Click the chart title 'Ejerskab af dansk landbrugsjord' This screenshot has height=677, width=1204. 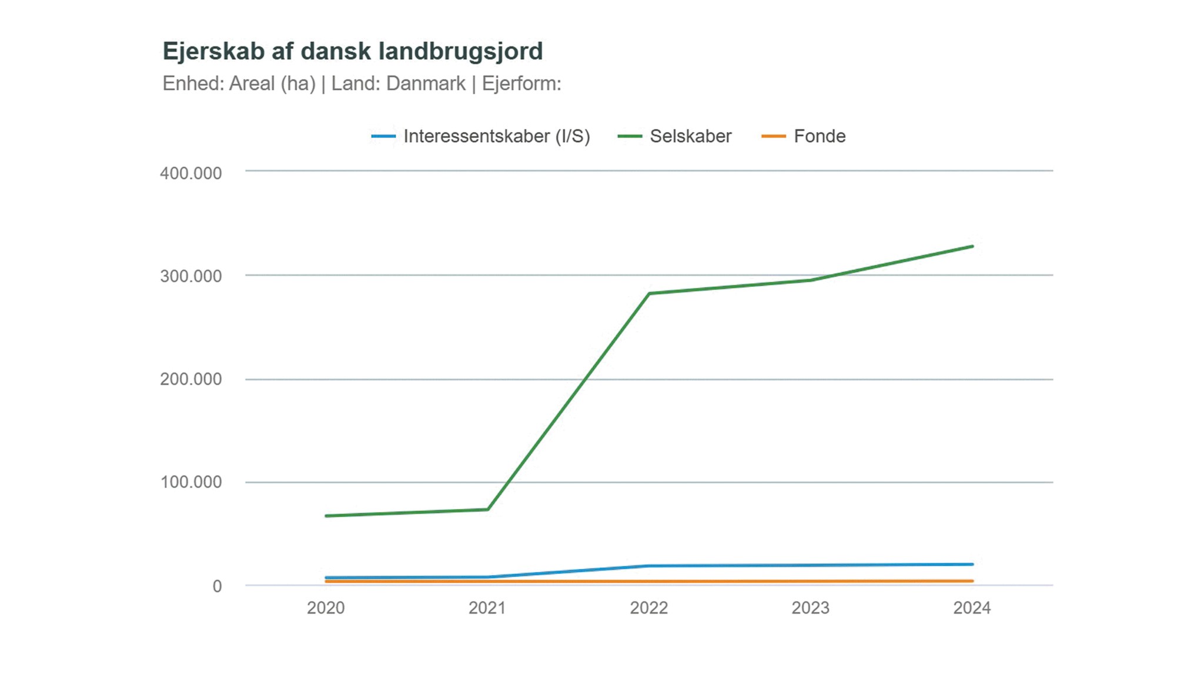pyautogui.click(x=353, y=52)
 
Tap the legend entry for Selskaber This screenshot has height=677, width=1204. pyautogui.click(x=690, y=136)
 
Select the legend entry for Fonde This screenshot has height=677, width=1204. pyautogui.click(x=819, y=136)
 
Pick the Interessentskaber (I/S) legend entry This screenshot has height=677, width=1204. pyautogui.click(x=496, y=136)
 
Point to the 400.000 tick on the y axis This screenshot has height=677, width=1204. pyautogui.click(x=190, y=173)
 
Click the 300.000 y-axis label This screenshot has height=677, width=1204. pyautogui.click(x=190, y=276)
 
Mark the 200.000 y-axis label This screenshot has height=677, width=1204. pyautogui.click(x=190, y=379)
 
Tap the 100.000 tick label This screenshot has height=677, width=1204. pyautogui.click(x=190, y=482)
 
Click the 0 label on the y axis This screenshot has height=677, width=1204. pyautogui.click(x=217, y=586)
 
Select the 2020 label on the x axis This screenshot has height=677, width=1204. pyautogui.click(x=326, y=608)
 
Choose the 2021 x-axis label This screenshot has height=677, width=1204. pyautogui.click(x=487, y=608)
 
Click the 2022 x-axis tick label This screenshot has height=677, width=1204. pyautogui.click(x=649, y=608)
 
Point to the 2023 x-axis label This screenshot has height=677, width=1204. pyautogui.click(x=810, y=608)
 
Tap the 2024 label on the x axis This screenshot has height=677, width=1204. pyautogui.click(x=972, y=608)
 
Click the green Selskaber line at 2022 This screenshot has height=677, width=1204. pyautogui.click(x=649, y=293)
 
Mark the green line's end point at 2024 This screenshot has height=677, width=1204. pyautogui.click(x=972, y=246)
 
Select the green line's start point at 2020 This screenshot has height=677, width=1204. pyautogui.click(x=327, y=516)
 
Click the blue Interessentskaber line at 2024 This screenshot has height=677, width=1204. pyautogui.click(x=972, y=564)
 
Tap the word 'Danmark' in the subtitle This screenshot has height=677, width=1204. pyautogui.click(x=426, y=84)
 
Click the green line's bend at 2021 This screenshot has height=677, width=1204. pyautogui.click(x=487, y=509)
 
